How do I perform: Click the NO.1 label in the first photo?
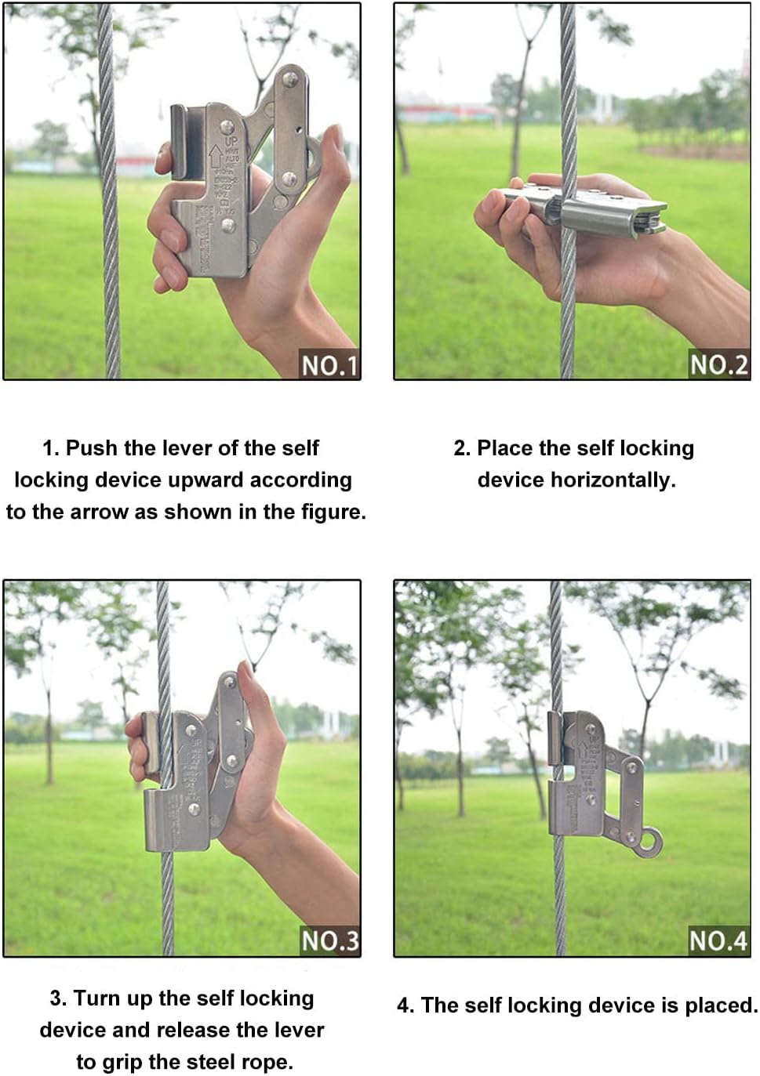pyautogui.click(x=329, y=365)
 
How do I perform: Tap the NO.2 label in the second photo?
pyautogui.click(x=718, y=364)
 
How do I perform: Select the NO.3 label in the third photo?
pyautogui.click(x=329, y=940)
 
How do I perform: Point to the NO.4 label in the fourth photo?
pyautogui.click(x=718, y=940)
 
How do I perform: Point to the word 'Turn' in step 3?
pyautogui.click(x=97, y=998)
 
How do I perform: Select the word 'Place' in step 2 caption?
pyautogui.click(x=505, y=447)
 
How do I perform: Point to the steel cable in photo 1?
pyautogui.click(x=108, y=235)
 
